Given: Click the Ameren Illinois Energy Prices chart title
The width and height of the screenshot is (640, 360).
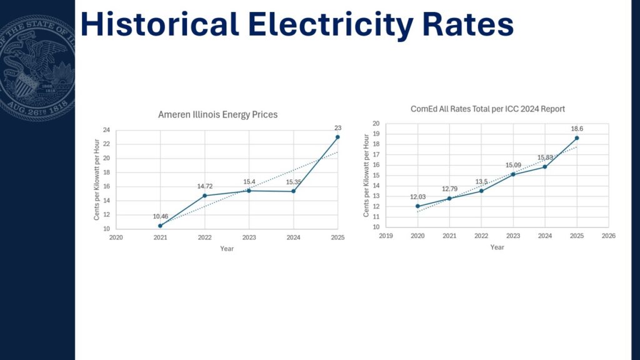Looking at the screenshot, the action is point(218,115).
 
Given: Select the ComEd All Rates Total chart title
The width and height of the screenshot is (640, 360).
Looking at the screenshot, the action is point(487,109).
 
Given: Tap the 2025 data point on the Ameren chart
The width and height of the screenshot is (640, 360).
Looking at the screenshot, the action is point(337,137).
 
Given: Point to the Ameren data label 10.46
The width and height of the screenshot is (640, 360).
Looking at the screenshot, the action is point(161,216).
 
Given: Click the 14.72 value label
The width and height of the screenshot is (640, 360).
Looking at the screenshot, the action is point(205,186).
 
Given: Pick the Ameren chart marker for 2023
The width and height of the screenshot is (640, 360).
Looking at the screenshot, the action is point(249,191).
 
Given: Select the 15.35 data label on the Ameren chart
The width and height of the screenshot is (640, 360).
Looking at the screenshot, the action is point(294,182).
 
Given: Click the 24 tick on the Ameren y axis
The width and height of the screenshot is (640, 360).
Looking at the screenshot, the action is point(106,130).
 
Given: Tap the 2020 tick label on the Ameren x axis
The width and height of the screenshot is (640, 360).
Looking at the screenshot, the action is point(116,237).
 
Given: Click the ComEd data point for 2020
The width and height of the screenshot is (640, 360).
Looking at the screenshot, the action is point(417,206).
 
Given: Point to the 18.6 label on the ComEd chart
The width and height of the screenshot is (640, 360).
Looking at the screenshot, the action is point(577,129).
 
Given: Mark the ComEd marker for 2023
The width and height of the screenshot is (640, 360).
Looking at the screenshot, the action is point(513,174).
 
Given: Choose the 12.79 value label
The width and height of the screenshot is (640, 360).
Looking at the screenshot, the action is point(449,189).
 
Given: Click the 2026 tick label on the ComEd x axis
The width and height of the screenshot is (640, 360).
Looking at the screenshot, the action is point(609,236).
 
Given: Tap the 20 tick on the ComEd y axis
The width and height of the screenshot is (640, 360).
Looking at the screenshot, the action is point(376,124).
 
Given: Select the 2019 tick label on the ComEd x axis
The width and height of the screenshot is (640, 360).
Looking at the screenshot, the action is point(386,236).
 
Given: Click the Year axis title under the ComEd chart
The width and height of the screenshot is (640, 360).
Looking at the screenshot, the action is point(497,247).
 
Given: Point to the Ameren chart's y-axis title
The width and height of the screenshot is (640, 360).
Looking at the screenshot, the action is point(97,179).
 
